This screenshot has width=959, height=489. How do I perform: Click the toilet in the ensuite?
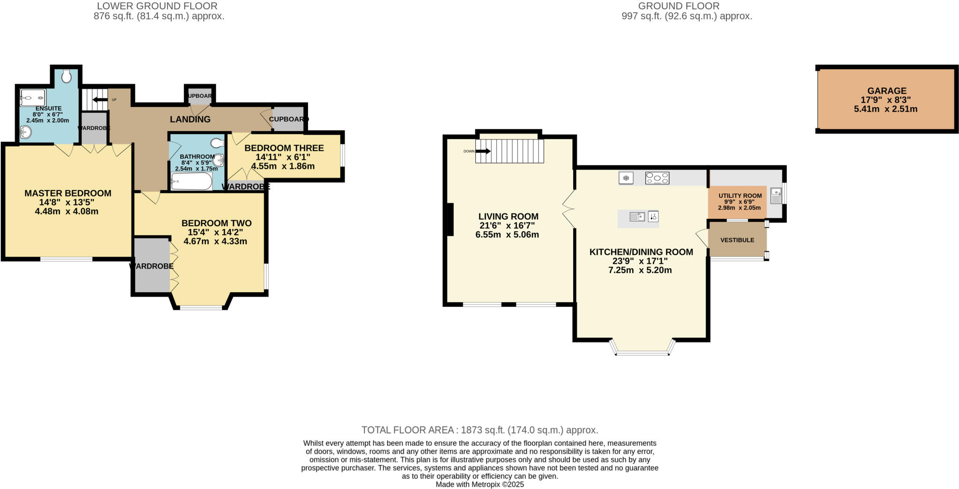click(x=66, y=76)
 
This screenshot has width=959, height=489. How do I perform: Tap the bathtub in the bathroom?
click(x=192, y=181)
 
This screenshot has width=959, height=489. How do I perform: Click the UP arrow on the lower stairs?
click(x=100, y=100)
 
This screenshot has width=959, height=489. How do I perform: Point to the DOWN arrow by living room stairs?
click(x=483, y=151)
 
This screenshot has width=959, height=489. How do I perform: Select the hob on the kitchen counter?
click(x=657, y=178)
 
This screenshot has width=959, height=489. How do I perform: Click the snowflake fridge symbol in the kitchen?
click(x=626, y=178)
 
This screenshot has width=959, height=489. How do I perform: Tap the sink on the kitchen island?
click(x=637, y=217)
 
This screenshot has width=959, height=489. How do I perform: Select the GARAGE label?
click(x=886, y=91)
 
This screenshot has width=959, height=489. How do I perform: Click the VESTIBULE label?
click(x=737, y=240)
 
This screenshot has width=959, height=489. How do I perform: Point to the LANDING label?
click(x=190, y=119)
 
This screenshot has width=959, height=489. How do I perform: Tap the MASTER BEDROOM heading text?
click(x=68, y=193)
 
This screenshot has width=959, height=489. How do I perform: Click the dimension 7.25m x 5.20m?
click(x=640, y=270)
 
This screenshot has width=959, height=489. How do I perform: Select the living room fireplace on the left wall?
click(x=450, y=219)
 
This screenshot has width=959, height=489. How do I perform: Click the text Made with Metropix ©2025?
click(x=479, y=484)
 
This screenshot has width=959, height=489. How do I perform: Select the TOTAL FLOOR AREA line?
click(x=479, y=430)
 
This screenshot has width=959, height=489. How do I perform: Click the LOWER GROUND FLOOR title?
click(x=157, y=6)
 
